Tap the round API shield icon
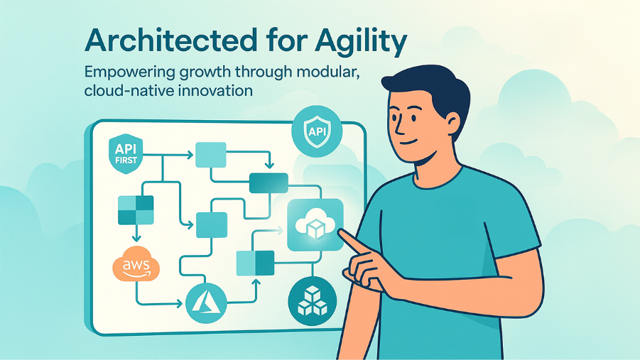pyautogui.click(x=317, y=133)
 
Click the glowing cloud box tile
pyautogui.click(x=315, y=224)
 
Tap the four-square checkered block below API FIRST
pyautogui.click(x=135, y=210)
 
